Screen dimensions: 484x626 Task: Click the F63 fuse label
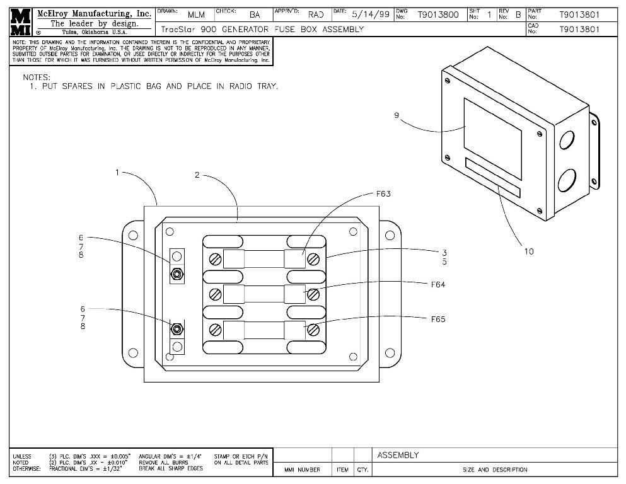coord(383,194)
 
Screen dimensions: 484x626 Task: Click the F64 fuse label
coord(438,284)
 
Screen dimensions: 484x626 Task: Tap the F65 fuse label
coord(438,319)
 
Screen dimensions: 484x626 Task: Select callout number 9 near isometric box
coord(397,115)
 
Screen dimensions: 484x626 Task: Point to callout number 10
coord(528,251)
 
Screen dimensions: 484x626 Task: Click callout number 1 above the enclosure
coord(117,171)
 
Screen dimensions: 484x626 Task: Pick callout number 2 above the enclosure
coord(197,175)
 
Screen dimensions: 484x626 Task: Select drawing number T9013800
coord(438,14)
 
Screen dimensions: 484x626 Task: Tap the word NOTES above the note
coord(36,77)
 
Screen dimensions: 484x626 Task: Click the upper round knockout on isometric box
coord(567,139)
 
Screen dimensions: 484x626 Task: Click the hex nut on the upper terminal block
coord(177,274)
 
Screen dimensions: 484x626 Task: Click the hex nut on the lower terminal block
coord(177,328)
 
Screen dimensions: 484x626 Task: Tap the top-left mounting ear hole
coord(133,235)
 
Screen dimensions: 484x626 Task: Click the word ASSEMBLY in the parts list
coord(398,455)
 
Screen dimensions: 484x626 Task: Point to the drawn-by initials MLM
coord(196,14)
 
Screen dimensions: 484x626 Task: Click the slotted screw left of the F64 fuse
coord(215,293)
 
